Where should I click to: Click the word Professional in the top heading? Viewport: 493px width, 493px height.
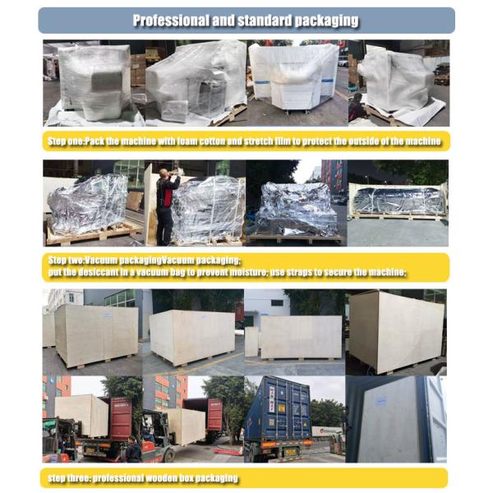click(x=171, y=21)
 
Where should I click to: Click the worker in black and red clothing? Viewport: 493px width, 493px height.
click(x=166, y=207)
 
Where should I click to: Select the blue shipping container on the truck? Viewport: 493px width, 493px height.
click(x=278, y=408)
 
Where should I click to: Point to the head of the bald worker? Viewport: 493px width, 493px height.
click(x=164, y=173)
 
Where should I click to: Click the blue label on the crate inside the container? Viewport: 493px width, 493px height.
click(x=380, y=402)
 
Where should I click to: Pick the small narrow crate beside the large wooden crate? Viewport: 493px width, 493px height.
click(x=252, y=342)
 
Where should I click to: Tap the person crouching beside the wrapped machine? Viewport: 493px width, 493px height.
click(x=356, y=107)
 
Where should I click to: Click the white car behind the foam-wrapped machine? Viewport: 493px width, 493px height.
click(x=343, y=62)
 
